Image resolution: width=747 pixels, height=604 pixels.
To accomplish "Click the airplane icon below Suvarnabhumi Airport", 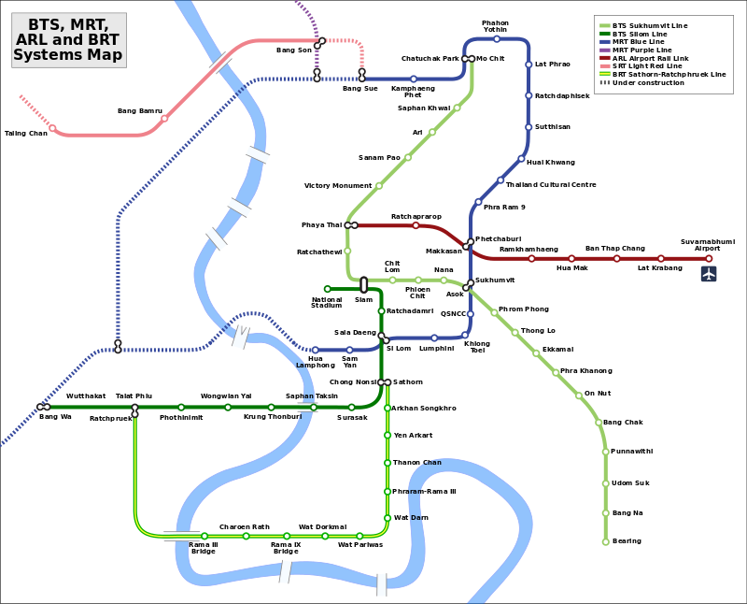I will point(709,274).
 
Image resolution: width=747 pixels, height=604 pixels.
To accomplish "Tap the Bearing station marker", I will point(606,541).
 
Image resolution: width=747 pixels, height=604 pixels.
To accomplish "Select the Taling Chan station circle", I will point(52,128).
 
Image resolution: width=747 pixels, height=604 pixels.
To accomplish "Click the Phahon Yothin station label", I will point(495,26).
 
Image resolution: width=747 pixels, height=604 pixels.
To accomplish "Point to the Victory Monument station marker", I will point(378,185).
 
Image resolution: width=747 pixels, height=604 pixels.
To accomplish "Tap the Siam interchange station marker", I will point(363,284).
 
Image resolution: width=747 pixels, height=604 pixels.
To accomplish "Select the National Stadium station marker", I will point(328,289).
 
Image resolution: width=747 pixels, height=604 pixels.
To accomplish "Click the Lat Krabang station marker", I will point(660,258).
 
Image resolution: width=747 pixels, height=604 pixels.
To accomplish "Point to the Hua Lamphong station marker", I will point(316,350).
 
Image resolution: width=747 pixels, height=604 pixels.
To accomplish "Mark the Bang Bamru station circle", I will point(164,118).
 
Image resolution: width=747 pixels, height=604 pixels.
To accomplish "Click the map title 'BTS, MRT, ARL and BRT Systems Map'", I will point(68,40).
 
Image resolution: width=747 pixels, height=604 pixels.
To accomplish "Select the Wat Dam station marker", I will point(387,517).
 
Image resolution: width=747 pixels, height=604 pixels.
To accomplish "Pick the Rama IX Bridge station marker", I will point(286,536).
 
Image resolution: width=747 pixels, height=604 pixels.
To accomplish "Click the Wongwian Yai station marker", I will point(227,407).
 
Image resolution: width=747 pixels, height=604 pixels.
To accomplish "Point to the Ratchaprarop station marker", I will point(416,225).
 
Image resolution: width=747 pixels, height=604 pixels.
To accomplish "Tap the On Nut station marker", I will point(578,395).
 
